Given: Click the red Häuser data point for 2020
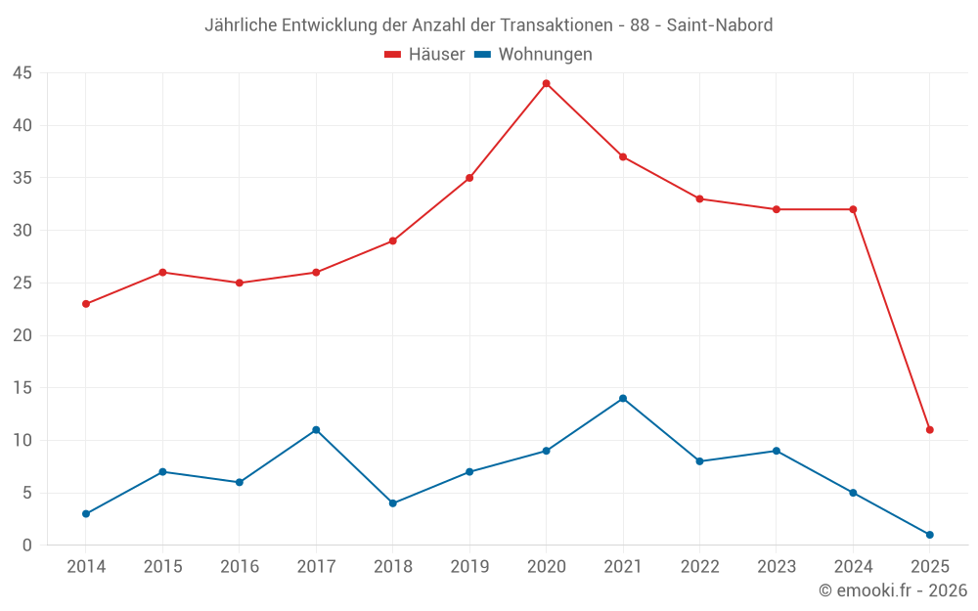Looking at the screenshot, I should tap(546, 83).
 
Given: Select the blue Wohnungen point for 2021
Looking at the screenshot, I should tap(623, 398).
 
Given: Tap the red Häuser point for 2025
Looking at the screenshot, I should tap(929, 429).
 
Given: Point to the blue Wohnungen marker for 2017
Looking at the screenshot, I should tap(316, 429).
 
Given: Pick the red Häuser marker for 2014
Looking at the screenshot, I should tap(86, 303).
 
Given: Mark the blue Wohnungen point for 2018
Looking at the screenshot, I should tap(392, 503).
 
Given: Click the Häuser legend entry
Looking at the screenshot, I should tap(424, 55).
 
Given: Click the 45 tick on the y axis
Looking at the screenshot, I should tap(22, 73).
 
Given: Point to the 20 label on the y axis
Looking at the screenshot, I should tap(22, 335).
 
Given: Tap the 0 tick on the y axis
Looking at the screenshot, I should tap(27, 546).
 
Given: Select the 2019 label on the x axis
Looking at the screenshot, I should tap(469, 567).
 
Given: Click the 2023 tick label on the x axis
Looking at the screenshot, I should tap(776, 567).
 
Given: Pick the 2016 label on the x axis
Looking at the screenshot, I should tap(240, 567).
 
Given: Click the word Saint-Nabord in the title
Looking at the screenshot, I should tap(720, 25).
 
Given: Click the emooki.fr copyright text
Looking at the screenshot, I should tap(893, 590).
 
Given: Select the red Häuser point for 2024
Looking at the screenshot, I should tap(853, 209).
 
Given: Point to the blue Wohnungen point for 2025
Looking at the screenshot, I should tap(929, 535).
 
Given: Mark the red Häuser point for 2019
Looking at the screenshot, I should tap(469, 178).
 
